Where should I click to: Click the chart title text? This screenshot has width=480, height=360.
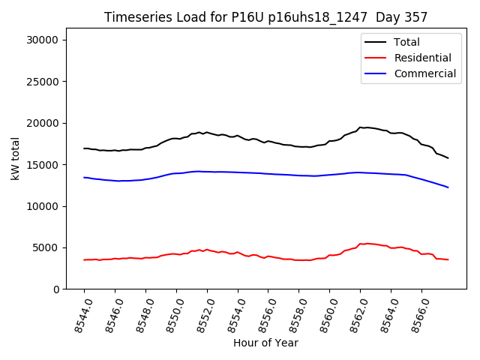click(265, 17)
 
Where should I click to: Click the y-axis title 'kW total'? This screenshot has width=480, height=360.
click(16, 158)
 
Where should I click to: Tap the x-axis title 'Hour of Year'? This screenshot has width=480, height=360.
click(265, 343)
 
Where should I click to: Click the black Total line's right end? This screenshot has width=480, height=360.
click(448, 158)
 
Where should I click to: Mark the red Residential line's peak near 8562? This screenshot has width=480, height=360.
click(366, 243)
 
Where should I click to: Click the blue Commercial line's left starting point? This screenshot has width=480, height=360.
click(84, 178)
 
